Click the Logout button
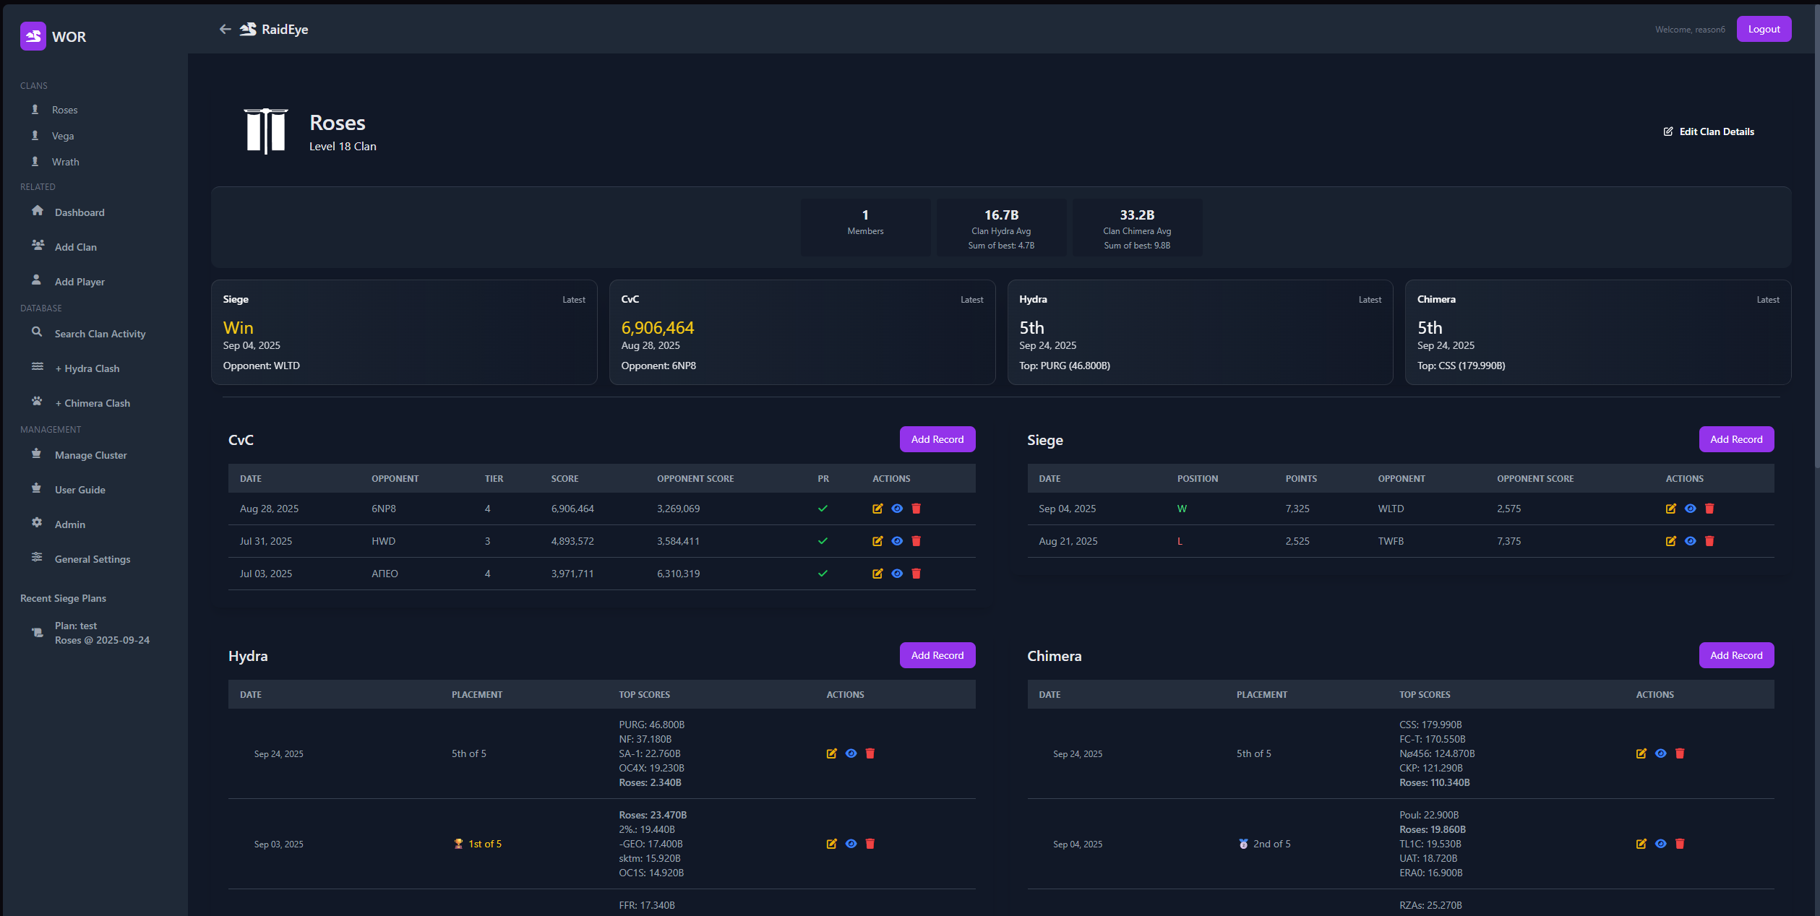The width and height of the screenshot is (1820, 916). (x=1764, y=30)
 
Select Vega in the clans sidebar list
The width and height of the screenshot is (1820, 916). (x=63, y=136)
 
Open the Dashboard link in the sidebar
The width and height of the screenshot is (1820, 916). (x=80, y=212)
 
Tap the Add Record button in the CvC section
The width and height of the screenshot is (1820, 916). (x=937, y=439)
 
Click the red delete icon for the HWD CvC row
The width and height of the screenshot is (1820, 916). (x=916, y=541)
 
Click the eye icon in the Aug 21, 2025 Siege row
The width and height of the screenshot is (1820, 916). (x=1690, y=541)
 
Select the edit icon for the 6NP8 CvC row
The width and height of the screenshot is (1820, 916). (x=877, y=509)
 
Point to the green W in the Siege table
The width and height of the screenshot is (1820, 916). (x=1182, y=509)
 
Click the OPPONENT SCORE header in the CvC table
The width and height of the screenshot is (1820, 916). (x=695, y=479)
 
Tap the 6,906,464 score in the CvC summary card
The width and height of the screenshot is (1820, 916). (x=657, y=328)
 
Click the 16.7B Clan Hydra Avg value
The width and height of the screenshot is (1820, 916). (x=1001, y=215)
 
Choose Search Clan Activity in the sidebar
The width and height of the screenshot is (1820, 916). (x=100, y=334)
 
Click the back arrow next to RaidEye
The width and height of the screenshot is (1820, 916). (x=225, y=30)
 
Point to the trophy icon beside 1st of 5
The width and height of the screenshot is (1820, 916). (x=458, y=844)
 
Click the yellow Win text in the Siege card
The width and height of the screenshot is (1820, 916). (x=238, y=328)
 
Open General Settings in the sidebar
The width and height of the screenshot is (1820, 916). (x=93, y=559)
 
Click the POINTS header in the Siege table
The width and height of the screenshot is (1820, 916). (x=1301, y=479)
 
